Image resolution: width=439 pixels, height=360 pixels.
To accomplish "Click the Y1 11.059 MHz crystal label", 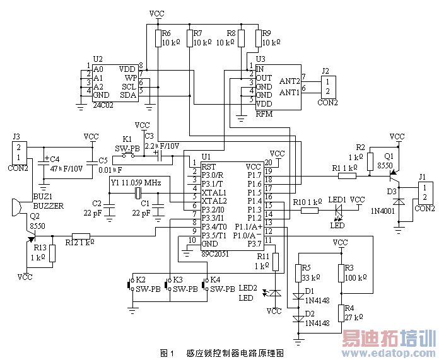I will coord(136,182).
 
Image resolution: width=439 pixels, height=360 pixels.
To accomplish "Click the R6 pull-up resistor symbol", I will coord(157,38).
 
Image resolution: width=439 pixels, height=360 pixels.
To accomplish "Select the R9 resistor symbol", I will coord(257,38).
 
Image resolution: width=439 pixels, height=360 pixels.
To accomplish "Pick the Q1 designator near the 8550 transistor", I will coord(389,155).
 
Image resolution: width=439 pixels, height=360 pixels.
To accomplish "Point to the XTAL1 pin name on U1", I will coord(214,191).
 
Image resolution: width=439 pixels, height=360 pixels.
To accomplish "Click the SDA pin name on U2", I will coord(129,95).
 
